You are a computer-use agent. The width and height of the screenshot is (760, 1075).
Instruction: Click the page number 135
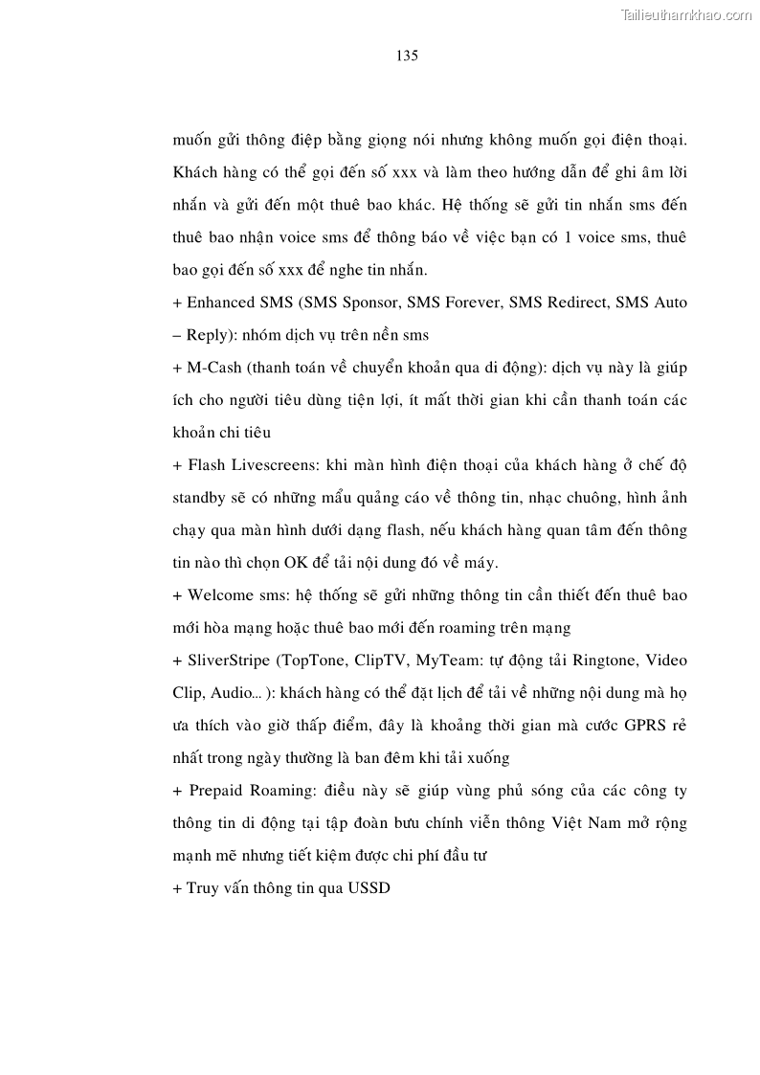point(407,56)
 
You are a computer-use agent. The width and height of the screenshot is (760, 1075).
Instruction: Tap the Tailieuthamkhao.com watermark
point(687,14)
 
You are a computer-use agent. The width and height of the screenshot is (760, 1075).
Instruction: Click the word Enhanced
point(219,302)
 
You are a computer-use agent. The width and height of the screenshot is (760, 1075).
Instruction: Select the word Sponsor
point(367,302)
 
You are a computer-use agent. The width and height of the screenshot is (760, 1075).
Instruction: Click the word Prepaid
point(217,791)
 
